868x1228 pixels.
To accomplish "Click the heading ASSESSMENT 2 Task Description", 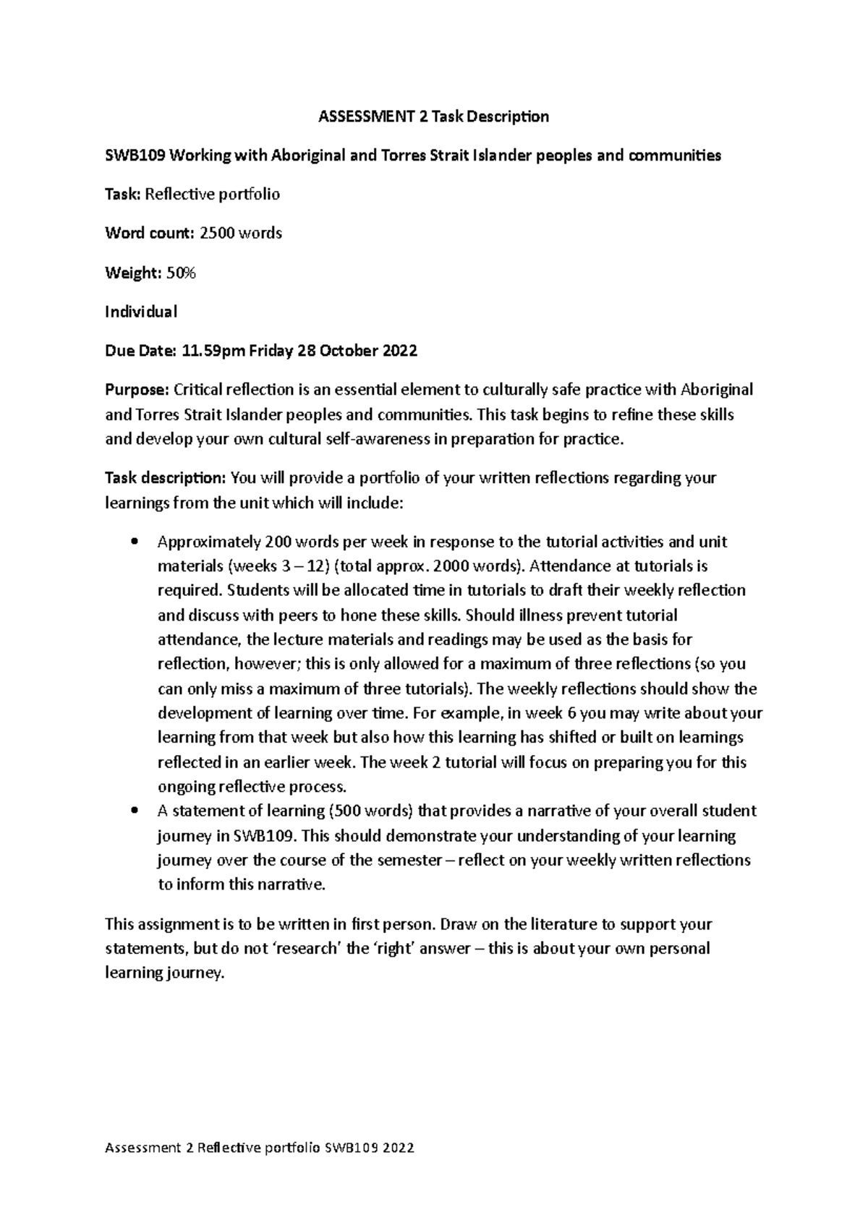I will [x=434, y=116].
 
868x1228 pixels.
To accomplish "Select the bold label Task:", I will [x=124, y=195].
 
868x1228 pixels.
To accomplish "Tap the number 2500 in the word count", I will [x=217, y=234].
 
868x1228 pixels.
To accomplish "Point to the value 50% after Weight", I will [x=182, y=273].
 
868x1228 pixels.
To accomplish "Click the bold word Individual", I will [x=141, y=312].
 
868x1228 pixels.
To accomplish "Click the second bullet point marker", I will [x=132, y=811].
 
